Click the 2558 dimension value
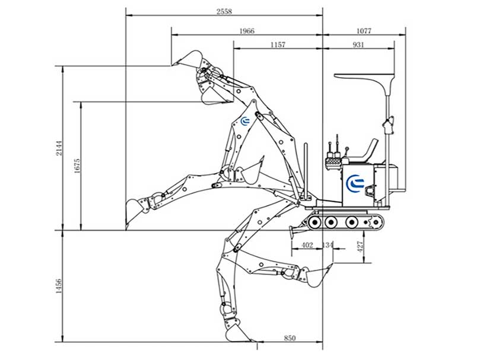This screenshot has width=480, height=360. (224, 12)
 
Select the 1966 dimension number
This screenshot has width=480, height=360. (247, 31)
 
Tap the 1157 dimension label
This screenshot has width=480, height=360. (278, 44)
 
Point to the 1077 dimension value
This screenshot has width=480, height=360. (364, 31)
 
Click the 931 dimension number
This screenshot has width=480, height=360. (358, 44)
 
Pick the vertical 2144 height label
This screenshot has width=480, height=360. (59, 148)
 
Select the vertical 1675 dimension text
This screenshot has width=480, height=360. (77, 165)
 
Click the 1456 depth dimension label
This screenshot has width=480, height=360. (59, 286)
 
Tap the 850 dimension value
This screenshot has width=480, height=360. (290, 338)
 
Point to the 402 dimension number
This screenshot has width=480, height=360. (307, 245)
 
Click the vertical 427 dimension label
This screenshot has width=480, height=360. (360, 247)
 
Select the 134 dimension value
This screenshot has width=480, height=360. (328, 245)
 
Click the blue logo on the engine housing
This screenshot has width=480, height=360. (355, 184)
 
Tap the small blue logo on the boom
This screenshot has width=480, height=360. (246, 122)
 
